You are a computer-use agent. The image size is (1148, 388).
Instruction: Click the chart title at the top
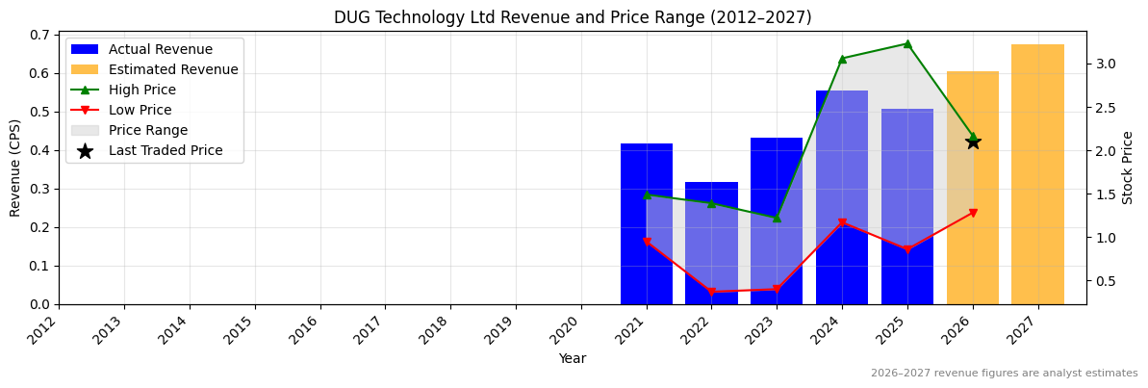pyautogui.click(x=573, y=17)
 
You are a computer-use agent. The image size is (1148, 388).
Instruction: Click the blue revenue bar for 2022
pyautogui.click(x=711, y=250)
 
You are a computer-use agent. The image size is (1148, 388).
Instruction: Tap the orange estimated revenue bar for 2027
pyautogui.click(x=1037, y=174)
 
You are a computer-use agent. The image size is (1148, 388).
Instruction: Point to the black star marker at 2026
pyautogui.click(x=973, y=142)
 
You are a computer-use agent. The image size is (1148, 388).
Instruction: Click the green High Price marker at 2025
pyautogui.click(x=907, y=43)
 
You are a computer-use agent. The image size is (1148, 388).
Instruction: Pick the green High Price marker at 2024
pyautogui.click(x=842, y=59)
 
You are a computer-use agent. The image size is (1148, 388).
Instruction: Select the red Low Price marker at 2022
pyautogui.click(x=711, y=292)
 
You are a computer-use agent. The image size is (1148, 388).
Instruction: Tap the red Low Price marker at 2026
pyautogui.click(x=973, y=213)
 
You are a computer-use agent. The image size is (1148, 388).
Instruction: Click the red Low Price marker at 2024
pyautogui.click(x=842, y=223)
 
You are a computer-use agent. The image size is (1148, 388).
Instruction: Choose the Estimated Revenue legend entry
pyautogui.click(x=173, y=69)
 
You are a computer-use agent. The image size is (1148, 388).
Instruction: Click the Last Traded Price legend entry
pyautogui.click(x=166, y=150)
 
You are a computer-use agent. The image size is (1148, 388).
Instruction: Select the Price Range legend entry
pyautogui.click(x=148, y=130)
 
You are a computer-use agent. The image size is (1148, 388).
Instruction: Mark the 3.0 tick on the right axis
pyautogui.click(x=1105, y=64)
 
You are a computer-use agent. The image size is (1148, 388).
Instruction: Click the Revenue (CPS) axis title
pyautogui.click(x=15, y=168)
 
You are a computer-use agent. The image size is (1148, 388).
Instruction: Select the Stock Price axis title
pyautogui.click(x=1128, y=168)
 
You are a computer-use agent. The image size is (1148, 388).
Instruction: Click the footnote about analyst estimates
pyautogui.click(x=1004, y=374)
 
